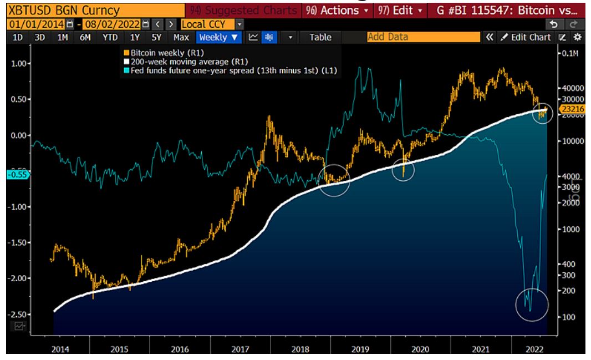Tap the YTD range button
click(x=110, y=38)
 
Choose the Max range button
click(x=181, y=38)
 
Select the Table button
click(x=320, y=38)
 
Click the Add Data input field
click(x=423, y=38)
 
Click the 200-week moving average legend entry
click(x=171, y=62)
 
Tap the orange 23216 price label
click(x=571, y=110)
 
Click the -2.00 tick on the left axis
click(x=19, y=278)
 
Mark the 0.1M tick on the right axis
click(x=569, y=53)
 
